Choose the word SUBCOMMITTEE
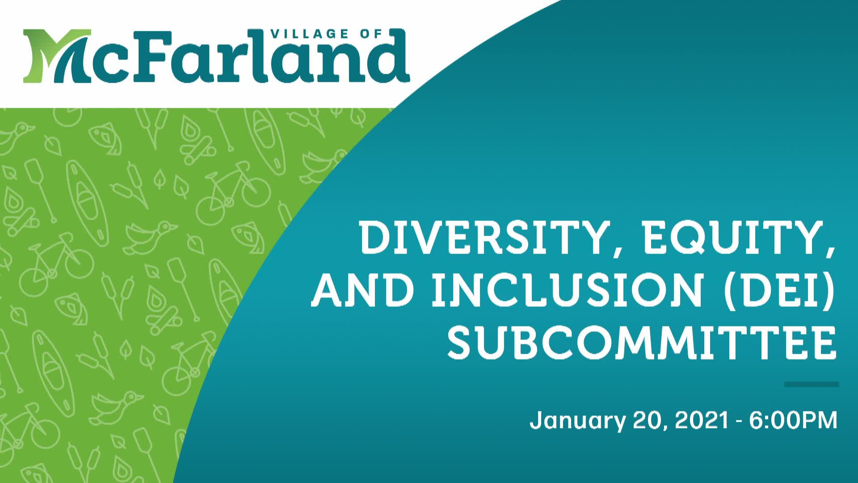pyautogui.click(x=642, y=344)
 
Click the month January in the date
pyautogui.click(x=577, y=421)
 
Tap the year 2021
pyautogui.click(x=702, y=420)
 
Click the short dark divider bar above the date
pyautogui.click(x=812, y=384)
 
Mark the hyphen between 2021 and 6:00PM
pyautogui.click(x=739, y=422)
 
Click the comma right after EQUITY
pyautogui.click(x=830, y=253)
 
